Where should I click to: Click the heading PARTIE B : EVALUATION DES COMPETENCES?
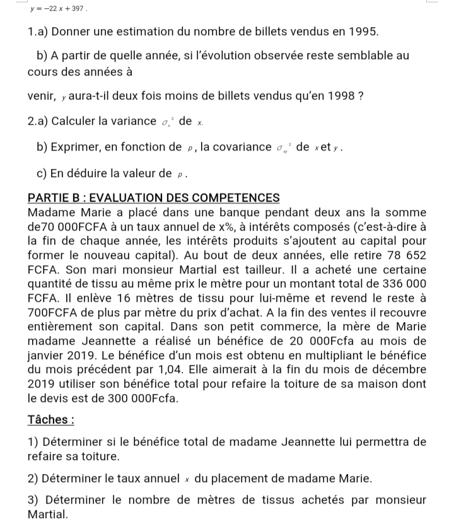coord(154,197)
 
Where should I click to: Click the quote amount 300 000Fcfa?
coord(137,398)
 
